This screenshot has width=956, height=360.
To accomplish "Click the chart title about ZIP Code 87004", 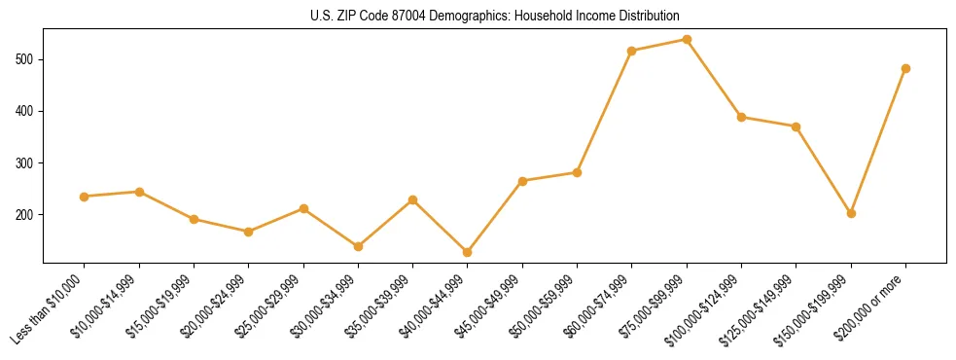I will (478, 17).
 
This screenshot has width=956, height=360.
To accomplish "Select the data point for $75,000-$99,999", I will (687, 40).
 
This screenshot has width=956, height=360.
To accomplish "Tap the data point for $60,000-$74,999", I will (632, 51).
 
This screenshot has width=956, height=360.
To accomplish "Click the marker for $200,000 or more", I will (905, 68).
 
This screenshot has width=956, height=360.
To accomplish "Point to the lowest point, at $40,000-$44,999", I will (468, 252).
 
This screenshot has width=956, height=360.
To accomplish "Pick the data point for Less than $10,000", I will (85, 197).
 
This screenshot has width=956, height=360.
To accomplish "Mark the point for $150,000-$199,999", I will (851, 213).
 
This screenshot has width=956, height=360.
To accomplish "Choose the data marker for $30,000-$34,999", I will (358, 246).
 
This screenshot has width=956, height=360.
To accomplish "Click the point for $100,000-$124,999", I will (741, 117).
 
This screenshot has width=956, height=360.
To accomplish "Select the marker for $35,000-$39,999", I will (412, 199).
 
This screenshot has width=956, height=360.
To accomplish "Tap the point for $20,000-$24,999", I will (249, 232).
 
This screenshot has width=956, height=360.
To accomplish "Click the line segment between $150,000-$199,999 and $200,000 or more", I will (878, 141).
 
